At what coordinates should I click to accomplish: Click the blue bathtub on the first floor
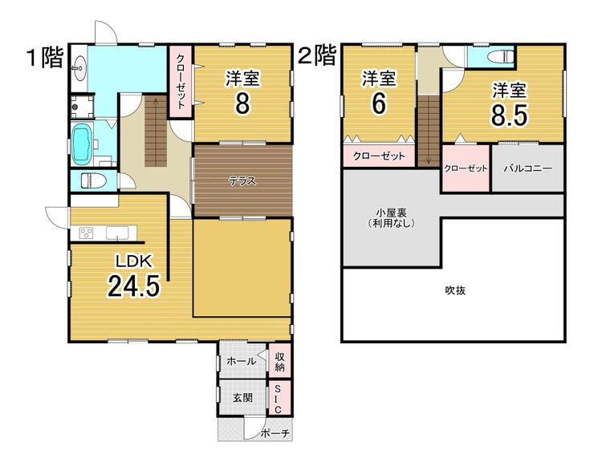click(x=81, y=144)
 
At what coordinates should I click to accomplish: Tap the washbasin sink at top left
click(x=79, y=68)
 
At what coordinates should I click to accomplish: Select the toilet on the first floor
click(x=91, y=181)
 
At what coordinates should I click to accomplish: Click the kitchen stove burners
click(x=87, y=233)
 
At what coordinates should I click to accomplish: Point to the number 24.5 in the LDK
click(x=134, y=286)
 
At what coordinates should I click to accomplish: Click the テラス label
click(x=242, y=181)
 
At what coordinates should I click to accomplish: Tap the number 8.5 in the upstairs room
click(x=509, y=115)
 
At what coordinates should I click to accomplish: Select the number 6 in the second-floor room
click(x=378, y=103)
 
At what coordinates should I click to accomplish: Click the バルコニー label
click(x=527, y=168)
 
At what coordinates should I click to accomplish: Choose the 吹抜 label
click(x=455, y=290)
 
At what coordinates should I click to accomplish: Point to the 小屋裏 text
click(x=392, y=213)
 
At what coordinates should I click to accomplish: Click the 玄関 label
click(x=242, y=398)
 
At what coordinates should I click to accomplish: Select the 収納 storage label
click(x=280, y=361)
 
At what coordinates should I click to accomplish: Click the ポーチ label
click(x=275, y=434)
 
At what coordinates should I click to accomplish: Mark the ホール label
click(x=242, y=361)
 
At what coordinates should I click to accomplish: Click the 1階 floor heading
click(x=45, y=58)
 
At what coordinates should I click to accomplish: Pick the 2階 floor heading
click(x=317, y=55)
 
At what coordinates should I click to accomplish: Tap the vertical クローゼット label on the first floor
click(x=181, y=82)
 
